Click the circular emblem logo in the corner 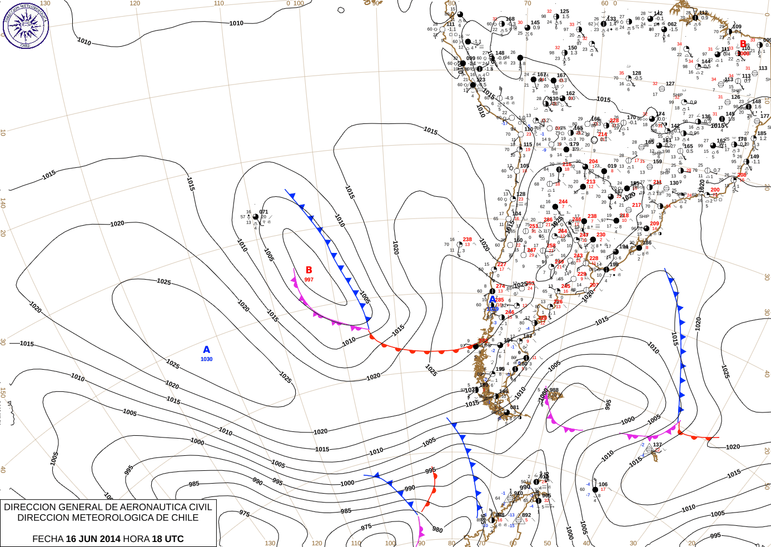pos(26,24)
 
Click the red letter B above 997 pos(309,270)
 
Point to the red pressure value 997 pos(309,280)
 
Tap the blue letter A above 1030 pos(207,350)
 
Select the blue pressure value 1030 pos(206,359)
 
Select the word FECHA pos(47,539)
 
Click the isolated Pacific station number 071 pos(263,212)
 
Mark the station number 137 pos(658,445)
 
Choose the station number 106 pos(603,484)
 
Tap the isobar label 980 pos(437,530)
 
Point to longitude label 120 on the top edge pos(135,3)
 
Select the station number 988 pos(554,390)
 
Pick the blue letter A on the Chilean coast pos(493,300)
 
